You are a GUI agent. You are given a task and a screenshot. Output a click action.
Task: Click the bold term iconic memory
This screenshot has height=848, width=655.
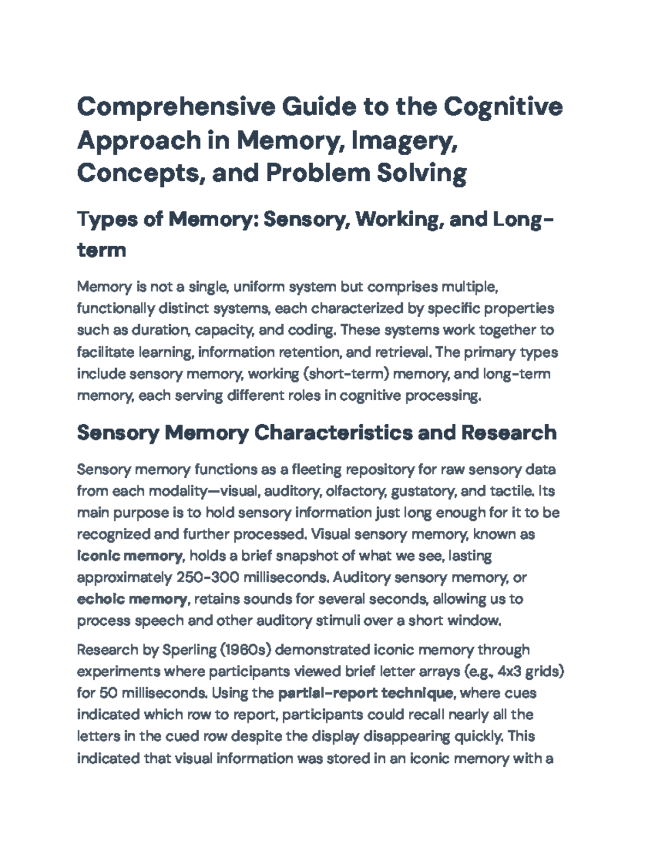[130, 556]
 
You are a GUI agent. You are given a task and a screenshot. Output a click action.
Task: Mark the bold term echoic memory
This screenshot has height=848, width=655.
[132, 600]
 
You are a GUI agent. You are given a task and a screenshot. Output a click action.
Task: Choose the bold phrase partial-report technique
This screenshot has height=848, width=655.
[366, 693]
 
